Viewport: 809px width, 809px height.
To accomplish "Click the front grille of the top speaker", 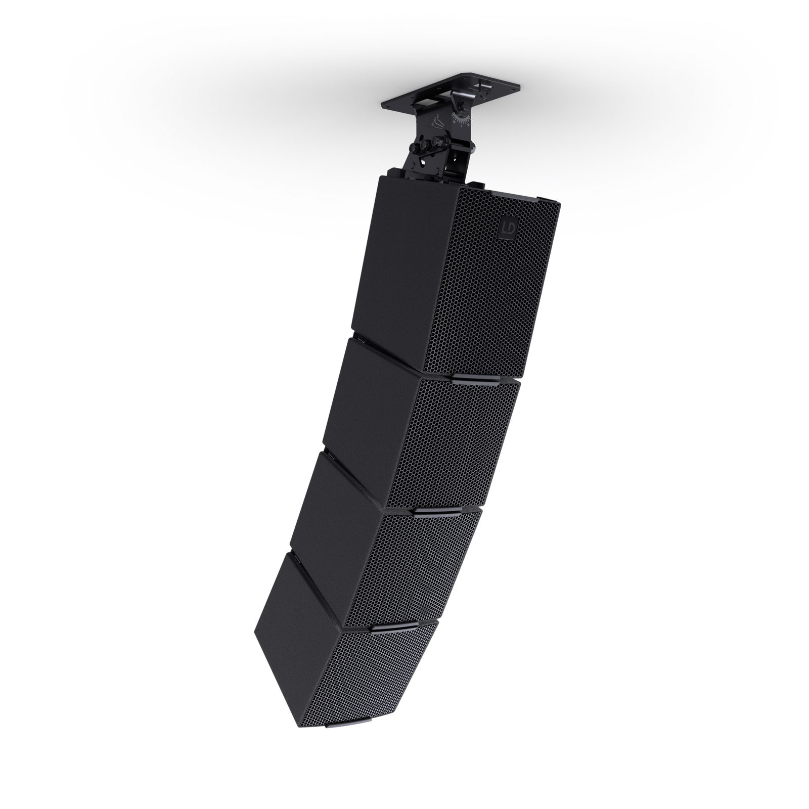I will coord(490,293).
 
